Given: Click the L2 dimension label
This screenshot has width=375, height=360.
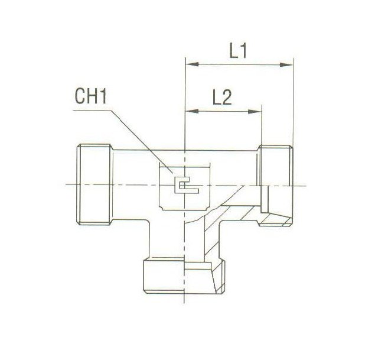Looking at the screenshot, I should tap(221, 97).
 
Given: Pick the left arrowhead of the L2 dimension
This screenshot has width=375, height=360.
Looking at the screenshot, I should tap(190, 109).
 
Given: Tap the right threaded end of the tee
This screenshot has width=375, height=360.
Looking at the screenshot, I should tap(275, 184).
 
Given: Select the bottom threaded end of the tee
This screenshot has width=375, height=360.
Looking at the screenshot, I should tap(185, 273).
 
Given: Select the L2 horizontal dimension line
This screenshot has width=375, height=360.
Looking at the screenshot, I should tap(223, 109).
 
